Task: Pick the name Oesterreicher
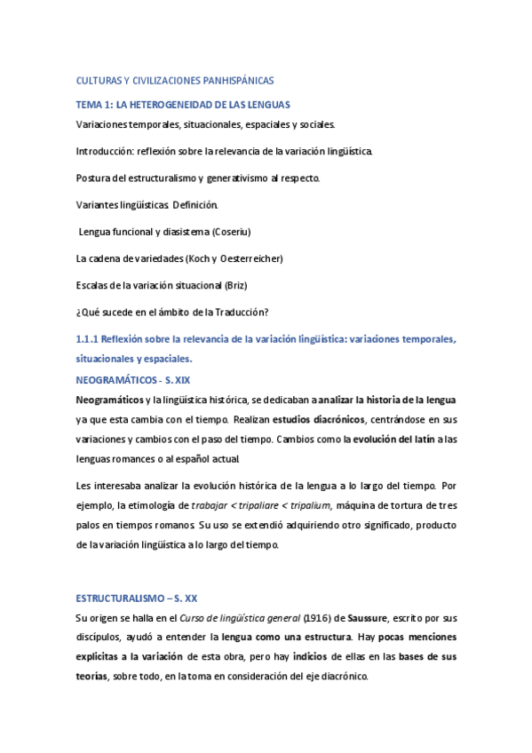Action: pos(247,258)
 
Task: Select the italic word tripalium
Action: pos(307,504)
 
